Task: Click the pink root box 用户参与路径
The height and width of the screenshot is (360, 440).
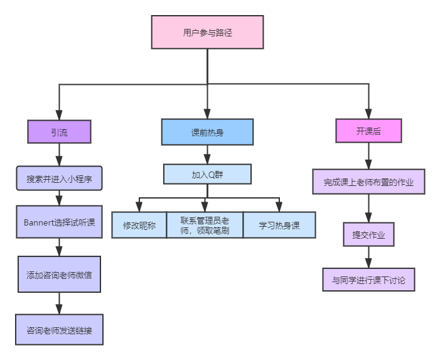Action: pos(207,32)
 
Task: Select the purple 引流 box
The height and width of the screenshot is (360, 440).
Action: pos(59,132)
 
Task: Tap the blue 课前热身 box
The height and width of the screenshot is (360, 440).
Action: pos(207,133)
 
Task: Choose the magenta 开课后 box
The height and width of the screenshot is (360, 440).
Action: pos(368,131)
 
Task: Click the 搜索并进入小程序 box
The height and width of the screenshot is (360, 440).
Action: pos(59,178)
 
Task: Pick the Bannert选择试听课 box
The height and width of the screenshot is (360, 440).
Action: pos(59,222)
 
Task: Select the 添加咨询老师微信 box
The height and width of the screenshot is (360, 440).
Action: pos(59,275)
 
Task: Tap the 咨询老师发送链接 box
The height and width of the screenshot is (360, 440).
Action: pos(59,329)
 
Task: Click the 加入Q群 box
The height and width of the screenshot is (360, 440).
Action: pos(207,175)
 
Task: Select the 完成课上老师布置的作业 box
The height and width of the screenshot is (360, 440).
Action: pos(368,183)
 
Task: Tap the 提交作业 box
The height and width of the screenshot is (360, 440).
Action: pos(368,235)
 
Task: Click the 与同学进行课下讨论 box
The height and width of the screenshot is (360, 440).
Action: pos(368,280)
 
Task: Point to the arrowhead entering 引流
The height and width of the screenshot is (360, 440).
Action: pos(59,115)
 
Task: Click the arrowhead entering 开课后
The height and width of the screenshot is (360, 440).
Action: pos(368,114)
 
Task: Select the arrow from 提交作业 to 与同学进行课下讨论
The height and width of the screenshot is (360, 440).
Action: pos(368,258)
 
